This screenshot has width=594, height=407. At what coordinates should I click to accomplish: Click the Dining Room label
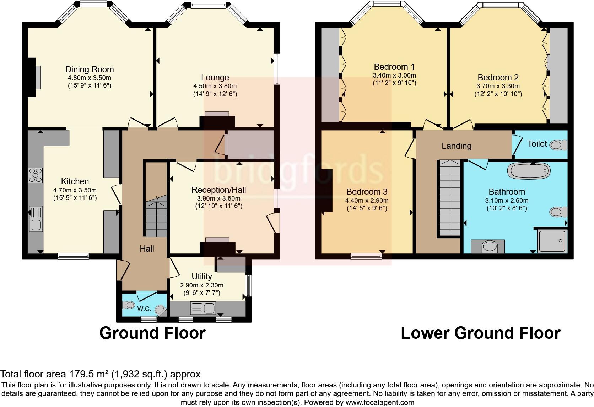coord(90,69)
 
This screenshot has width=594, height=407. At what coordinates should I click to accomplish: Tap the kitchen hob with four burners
coord(35,175)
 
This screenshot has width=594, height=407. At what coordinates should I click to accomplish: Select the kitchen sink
coord(36,219)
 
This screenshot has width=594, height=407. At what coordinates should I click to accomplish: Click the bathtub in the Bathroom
coord(529,170)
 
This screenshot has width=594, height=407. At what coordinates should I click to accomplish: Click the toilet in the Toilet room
coord(558,145)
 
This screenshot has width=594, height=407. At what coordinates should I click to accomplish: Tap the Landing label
coord(457,146)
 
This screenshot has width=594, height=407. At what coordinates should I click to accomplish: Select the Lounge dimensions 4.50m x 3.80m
coord(215,86)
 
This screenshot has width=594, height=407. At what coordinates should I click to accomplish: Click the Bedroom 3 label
coord(367,191)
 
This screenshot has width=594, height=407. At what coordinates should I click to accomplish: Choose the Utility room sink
coord(203,308)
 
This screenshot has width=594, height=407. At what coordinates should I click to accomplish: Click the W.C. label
coord(144,308)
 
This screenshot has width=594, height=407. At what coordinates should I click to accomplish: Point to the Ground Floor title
coord(152,333)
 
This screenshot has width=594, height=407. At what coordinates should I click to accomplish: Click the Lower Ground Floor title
coord(481,333)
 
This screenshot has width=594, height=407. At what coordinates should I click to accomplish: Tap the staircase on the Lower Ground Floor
coord(450,198)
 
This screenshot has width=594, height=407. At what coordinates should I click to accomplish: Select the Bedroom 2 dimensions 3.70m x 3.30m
coord(498,86)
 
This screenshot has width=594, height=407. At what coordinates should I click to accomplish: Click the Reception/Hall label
coord(218,190)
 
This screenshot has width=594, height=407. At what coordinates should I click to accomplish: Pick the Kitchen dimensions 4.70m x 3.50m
coord(75,190)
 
